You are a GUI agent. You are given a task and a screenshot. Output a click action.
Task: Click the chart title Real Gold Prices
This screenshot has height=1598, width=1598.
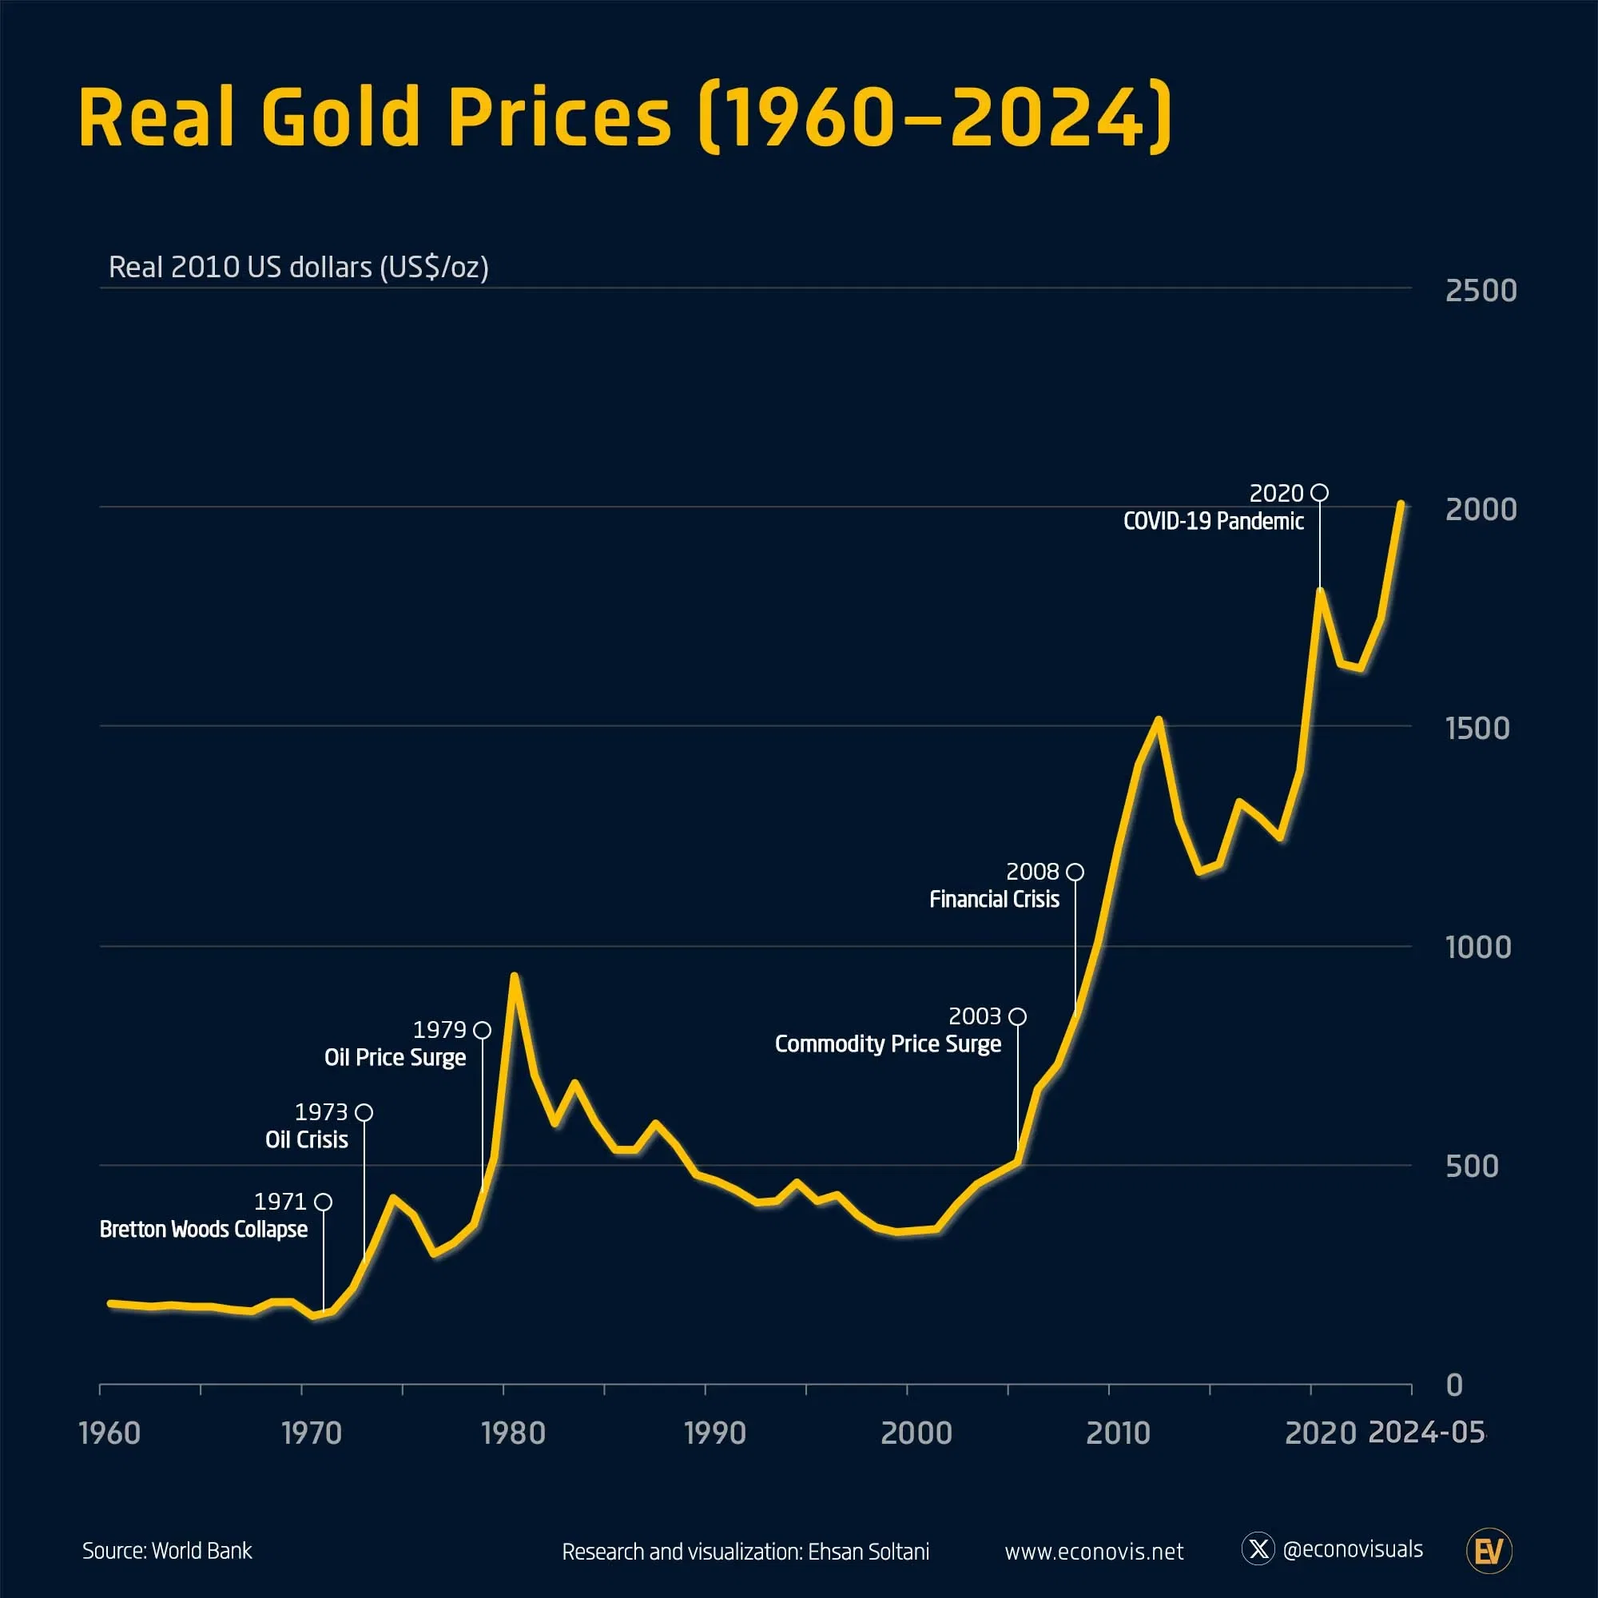625,117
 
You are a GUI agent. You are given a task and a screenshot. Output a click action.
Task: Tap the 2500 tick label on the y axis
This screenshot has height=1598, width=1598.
1480,291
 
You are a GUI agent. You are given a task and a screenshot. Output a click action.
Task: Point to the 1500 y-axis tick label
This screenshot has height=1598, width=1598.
1477,729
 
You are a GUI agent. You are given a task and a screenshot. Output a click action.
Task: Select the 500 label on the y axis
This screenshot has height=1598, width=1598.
1472,1167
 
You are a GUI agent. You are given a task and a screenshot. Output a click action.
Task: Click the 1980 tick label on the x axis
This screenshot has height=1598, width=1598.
513,1433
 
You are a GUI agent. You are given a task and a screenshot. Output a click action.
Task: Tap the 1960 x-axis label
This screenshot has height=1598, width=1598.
109,1433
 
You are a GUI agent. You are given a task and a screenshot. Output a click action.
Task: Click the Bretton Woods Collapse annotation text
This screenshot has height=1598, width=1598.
204,1229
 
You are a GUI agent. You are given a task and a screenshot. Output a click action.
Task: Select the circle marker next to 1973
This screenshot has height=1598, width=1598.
364,1112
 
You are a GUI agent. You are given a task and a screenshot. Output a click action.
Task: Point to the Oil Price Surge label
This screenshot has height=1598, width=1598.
395,1057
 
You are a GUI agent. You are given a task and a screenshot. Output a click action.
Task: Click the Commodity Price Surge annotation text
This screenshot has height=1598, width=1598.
888,1043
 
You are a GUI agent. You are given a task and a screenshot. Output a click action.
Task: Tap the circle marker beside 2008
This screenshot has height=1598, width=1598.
1075,872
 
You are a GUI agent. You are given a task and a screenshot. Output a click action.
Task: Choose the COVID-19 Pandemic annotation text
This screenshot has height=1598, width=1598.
1213,521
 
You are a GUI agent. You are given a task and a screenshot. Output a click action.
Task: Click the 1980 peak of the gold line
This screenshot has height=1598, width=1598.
514,976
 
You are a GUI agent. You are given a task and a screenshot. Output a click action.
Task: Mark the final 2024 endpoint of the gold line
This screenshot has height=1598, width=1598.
1401,503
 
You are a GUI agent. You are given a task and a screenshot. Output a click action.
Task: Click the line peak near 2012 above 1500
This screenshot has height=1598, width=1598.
1159,720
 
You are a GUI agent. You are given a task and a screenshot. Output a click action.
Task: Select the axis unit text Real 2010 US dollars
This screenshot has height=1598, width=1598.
298,267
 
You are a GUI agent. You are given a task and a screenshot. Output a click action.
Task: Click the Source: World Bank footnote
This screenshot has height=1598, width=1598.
167,1551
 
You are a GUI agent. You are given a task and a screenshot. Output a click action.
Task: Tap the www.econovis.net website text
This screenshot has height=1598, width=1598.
1094,1552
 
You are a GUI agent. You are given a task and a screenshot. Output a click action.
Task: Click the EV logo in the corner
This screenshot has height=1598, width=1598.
1489,1551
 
